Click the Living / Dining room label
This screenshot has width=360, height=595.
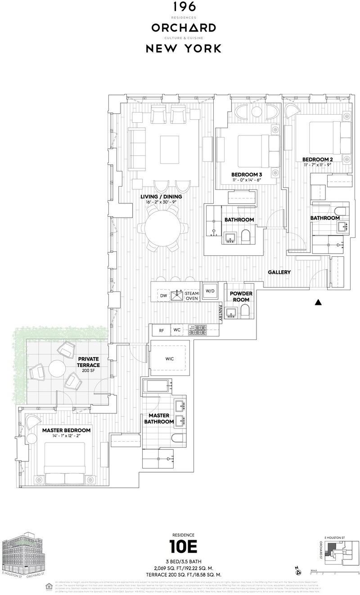pos(161,197)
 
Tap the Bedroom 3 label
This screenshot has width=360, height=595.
pos(246,174)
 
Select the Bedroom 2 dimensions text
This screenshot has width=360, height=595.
pos(317,165)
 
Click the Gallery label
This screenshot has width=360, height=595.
pos(279,272)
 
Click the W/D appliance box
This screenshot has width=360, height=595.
pos(210,291)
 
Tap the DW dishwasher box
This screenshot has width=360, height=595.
pos(163,295)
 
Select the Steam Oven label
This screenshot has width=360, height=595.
pos(192,296)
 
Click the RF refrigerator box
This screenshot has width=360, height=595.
pos(161,331)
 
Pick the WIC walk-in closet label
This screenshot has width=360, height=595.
pos(169,358)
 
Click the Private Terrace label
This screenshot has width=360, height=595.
pos(89,362)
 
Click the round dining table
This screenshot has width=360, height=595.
pos(161,228)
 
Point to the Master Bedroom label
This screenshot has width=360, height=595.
pos(66,430)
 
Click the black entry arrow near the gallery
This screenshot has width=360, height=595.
pos(318,302)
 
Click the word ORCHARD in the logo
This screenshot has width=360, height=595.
pos(183,28)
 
